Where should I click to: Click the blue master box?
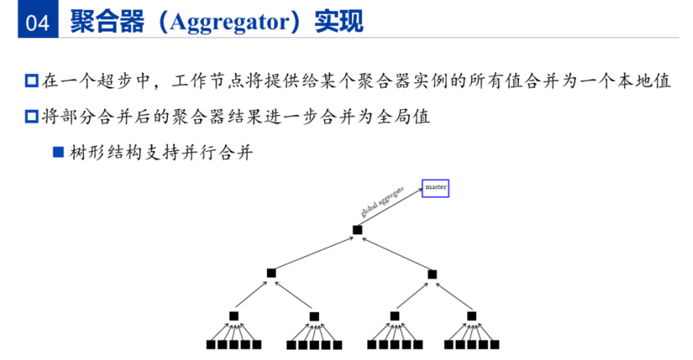tap(436, 188)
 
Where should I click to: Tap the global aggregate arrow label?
tap(382, 202)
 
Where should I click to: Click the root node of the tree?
tap(357, 230)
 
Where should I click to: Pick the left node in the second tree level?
tap(272, 273)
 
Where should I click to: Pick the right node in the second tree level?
tap(433, 274)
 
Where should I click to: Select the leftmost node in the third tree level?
tap(234, 316)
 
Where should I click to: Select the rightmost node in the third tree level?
tap(471, 316)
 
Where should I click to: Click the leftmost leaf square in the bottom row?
tap(211, 345)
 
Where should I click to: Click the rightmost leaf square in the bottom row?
tap(495, 345)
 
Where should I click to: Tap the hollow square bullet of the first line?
tap(31, 81)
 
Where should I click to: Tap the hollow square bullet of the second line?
tap(31, 117)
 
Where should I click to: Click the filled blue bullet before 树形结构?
tap(58, 153)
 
